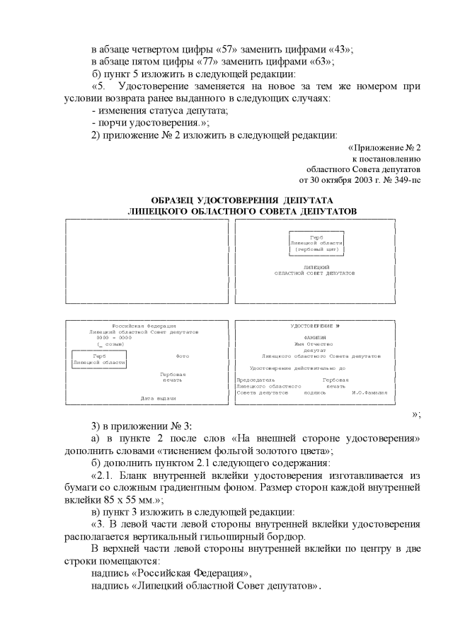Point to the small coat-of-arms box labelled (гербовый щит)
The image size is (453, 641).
pos(316,243)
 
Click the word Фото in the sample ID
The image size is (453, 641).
pos(181,355)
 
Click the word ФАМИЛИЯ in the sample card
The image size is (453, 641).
pos(315,338)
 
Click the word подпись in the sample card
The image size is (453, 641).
pos(315,392)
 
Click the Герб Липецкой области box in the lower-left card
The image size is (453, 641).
pos(99,358)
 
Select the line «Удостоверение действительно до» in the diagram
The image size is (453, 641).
pos(297,368)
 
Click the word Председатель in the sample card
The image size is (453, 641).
pos(256,380)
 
